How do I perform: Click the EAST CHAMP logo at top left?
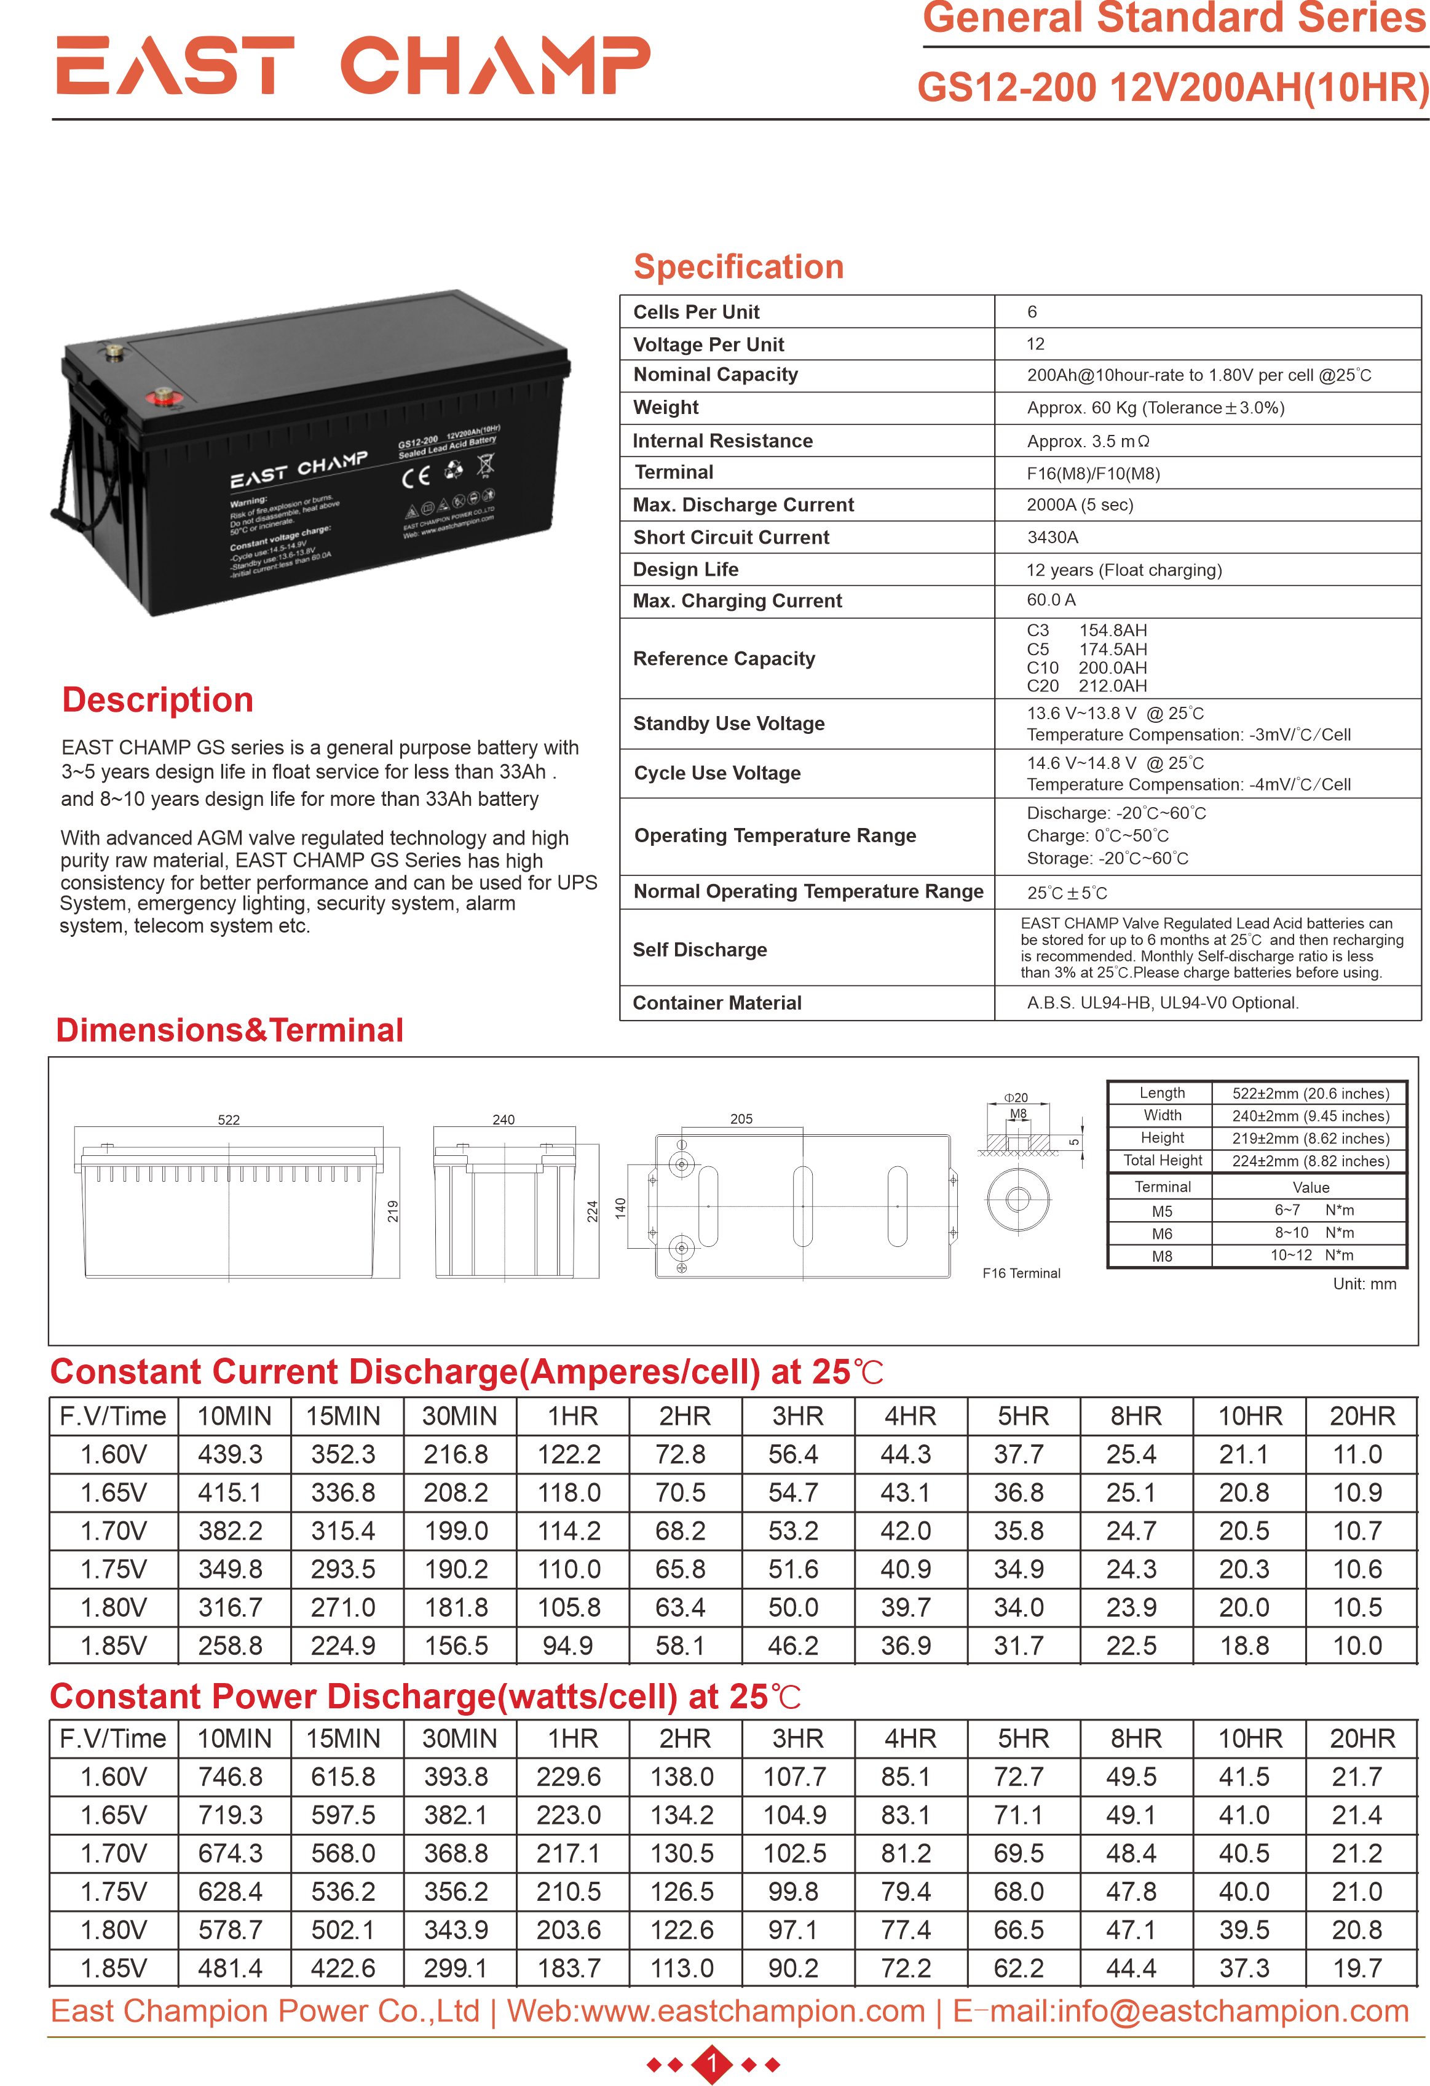pyautogui.click(x=352, y=66)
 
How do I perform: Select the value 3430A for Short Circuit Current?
pyautogui.click(x=1053, y=537)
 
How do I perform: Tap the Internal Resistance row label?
pyautogui.click(x=722, y=440)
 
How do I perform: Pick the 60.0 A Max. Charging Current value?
pyautogui.click(x=1051, y=600)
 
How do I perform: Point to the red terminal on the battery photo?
pyautogui.click(x=164, y=395)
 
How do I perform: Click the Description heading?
pyautogui.click(x=158, y=700)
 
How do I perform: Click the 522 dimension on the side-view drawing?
pyautogui.click(x=229, y=1120)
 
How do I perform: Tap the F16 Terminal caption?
pyautogui.click(x=1021, y=1273)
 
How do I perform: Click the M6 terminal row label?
pyautogui.click(x=1162, y=1233)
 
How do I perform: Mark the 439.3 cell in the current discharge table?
pyautogui.click(x=231, y=1454)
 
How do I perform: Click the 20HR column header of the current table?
pyautogui.click(x=1361, y=1415)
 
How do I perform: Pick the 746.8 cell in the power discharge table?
pyautogui.click(x=231, y=1777)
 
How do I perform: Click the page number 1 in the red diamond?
pyautogui.click(x=713, y=2064)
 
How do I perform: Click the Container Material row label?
pyautogui.click(x=717, y=1003)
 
